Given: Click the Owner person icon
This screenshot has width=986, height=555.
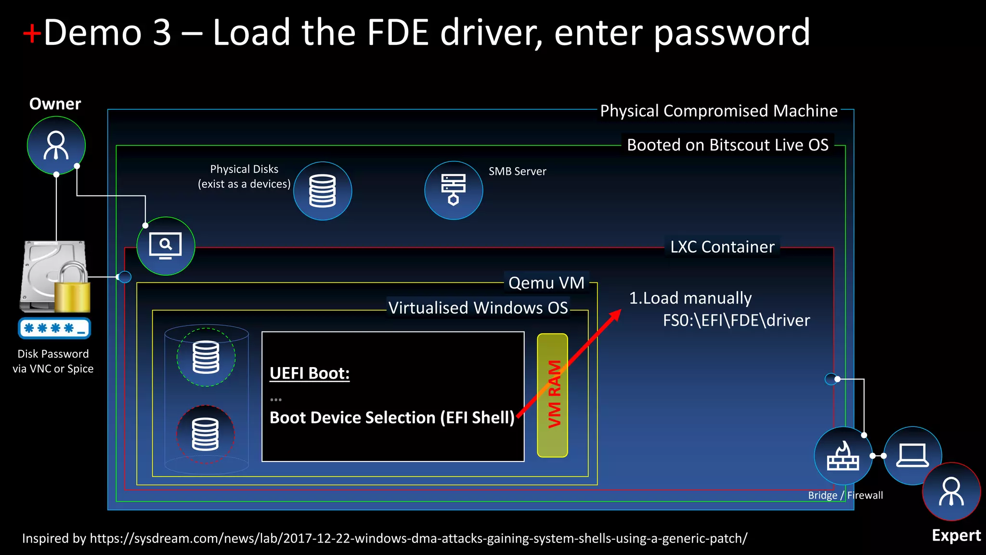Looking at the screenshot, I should pos(56,145).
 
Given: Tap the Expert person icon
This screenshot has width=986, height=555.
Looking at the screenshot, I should pos(951,492).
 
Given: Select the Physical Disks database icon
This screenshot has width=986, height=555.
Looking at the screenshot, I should pos(323,191).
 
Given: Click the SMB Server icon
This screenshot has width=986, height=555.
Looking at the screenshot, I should pos(454,190).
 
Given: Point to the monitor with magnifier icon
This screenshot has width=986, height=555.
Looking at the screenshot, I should pos(166,246).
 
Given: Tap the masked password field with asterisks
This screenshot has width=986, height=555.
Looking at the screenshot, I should pos(54,329).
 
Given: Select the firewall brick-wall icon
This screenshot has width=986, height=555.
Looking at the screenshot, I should pos(843,456).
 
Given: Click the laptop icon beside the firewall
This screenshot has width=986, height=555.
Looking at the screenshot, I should pos(912,455).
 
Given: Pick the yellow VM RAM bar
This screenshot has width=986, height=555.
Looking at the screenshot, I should pos(553,395).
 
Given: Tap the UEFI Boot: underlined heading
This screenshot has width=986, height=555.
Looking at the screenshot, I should pos(310,373).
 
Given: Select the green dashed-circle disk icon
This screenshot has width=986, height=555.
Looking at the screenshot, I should pos(206,357).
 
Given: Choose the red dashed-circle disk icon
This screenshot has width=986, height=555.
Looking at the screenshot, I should pos(206,434).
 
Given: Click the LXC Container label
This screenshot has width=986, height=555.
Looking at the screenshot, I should pos(722,247).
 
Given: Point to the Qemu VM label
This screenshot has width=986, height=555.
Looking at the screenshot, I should pos(546,283).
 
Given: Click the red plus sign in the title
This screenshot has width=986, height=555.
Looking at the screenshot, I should pos(32,34).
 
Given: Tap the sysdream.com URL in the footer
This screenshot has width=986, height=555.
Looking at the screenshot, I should pos(418,538).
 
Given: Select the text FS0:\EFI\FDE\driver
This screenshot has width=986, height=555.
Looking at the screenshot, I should pos(736,320).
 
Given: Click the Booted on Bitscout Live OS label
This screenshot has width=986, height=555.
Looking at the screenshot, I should pos(727,145).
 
